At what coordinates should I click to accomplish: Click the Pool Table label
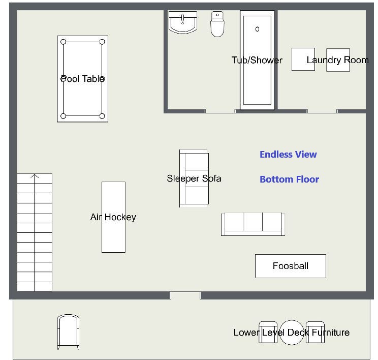(x=82, y=79)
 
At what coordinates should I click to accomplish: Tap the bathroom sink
(x=183, y=22)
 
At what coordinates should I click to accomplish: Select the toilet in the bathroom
(x=217, y=24)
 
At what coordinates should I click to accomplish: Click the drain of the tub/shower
(x=257, y=29)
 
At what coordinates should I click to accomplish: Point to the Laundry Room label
(x=337, y=60)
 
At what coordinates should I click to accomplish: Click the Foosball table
(x=291, y=266)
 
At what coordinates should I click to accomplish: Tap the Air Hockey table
(x=113, y=217)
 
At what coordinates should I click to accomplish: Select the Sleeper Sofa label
(x=194, y=178)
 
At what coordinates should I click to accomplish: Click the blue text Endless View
(x=288, y=155)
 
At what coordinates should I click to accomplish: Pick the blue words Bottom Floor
(x=289, y=179)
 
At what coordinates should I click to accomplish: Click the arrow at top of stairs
(x=35, y=176)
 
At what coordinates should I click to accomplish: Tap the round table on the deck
(x=292, y=333)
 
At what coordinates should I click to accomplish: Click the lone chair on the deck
(x=68, y=332)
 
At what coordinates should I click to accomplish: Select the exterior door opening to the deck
(x=185, y=295)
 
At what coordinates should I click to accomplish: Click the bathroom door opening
(x=220, y=111)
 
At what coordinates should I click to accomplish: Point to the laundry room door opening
(x=322, y=111)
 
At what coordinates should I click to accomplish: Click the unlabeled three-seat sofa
(x=253, y=224)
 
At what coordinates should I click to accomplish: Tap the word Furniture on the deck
(x=331, y=333)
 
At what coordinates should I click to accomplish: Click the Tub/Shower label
(x=257, y=60)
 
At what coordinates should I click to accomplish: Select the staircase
(x=35, y=232)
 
